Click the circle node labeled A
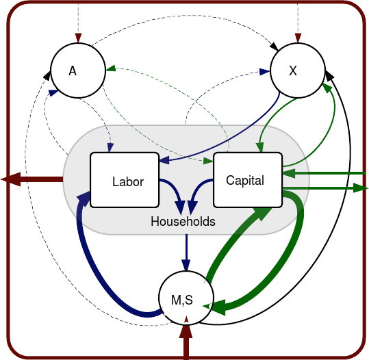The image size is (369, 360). [78, 70]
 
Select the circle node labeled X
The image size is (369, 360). [298, 70]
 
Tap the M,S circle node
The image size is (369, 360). [186, 298]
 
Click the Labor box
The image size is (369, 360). [125, 180]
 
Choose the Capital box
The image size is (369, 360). [248, 180]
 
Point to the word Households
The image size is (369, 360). [183, 222]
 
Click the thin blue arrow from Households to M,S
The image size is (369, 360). [186, 253]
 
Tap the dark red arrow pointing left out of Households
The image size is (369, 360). [32, 179]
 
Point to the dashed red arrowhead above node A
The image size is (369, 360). [78, 38]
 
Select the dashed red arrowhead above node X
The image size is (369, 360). [298, 38]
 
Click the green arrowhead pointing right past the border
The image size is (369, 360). [361, 188]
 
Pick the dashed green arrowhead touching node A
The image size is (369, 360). [111, 68]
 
